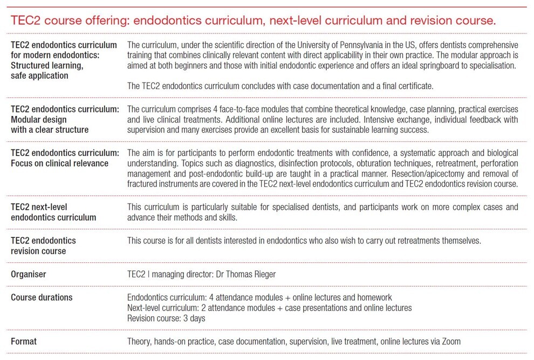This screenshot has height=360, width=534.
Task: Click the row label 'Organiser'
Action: [x=29, y=274]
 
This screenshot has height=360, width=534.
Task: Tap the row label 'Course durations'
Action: [x=42, y=297]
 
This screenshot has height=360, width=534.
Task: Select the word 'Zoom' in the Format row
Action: [x=450, y=342]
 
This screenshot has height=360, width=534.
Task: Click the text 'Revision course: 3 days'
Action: [x=166, y=318]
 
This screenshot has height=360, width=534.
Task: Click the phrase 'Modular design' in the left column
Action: [x=38, y=119]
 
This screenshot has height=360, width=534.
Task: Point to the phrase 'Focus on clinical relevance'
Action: [x=59, y=163]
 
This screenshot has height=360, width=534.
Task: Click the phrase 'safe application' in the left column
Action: [x=39, y=76]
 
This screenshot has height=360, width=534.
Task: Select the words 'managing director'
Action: [x=183, y=274]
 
